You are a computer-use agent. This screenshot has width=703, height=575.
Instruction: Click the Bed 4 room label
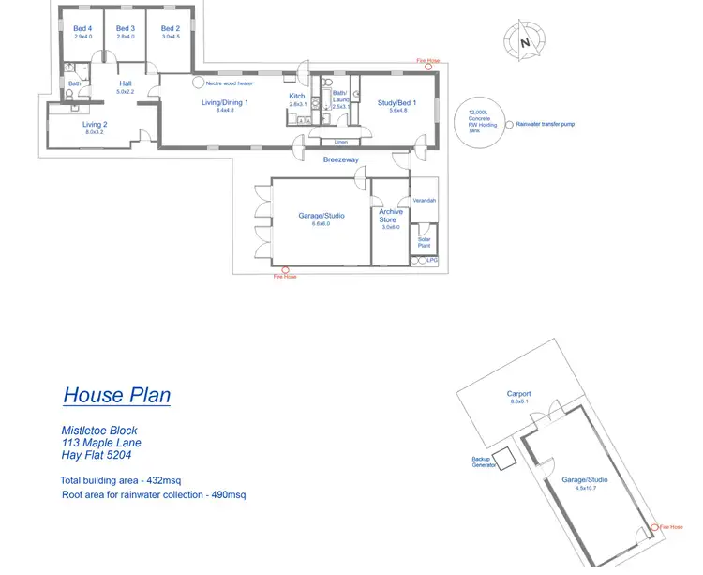82,29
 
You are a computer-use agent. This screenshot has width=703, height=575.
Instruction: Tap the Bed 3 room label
126,29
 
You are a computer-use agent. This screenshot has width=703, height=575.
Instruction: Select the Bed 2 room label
170,29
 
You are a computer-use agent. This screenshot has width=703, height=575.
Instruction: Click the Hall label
125,84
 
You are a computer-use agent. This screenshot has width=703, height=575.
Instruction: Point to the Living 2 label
95,125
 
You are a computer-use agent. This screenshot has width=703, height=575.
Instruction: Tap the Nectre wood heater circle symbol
198,83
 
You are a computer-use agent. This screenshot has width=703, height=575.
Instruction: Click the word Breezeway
341,159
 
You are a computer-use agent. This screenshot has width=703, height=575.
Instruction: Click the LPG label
432,260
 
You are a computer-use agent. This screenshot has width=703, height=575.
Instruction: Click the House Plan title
117,395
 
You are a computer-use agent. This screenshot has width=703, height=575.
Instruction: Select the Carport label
519,394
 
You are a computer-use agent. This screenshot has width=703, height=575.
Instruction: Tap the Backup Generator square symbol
504,459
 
